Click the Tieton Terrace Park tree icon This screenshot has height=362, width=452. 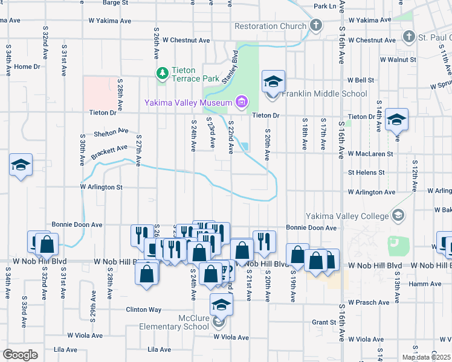point(162,74)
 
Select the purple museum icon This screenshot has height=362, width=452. point(242,100)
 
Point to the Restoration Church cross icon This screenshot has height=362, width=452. point(315,26)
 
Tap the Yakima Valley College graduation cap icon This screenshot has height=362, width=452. point(399,215)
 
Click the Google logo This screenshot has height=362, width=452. point(20,355)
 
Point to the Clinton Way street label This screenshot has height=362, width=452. point(143,310)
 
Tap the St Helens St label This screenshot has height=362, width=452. point(366,172)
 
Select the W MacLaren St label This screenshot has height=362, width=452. point(370,154)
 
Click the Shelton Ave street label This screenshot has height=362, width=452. point(111,132)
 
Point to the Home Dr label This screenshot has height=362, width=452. point(27,66)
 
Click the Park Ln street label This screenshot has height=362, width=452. point(324,6)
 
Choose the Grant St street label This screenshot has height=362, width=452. point(324,322)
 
